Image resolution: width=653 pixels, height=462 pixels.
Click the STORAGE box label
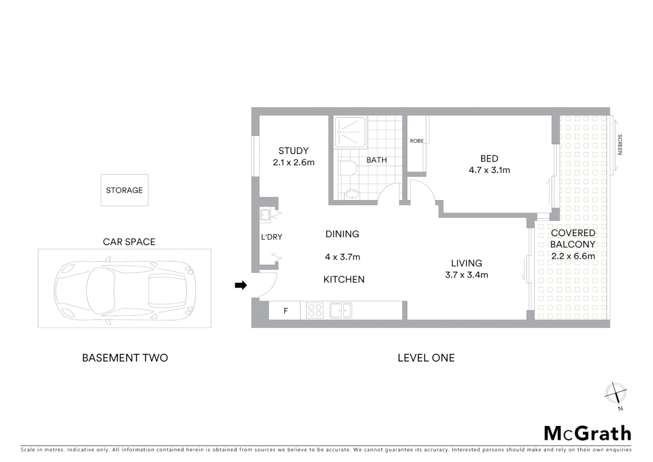click(x=124, y=190)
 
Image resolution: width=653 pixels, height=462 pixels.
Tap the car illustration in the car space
click(x=125, y=288)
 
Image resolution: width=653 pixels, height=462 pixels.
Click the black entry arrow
click(x=241, y=285)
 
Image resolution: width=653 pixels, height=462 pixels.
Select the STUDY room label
click(x=293, y=151)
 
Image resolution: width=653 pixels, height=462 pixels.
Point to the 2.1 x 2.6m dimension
click(x=293, y=163)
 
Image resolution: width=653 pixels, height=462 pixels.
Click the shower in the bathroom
click(x=350, y=132)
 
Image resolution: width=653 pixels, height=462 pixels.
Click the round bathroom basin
click(x=352, y=195)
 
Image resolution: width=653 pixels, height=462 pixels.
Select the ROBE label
click(x=417, y=141)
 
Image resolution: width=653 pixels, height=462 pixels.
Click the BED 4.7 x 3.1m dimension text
click(x=489, y=170)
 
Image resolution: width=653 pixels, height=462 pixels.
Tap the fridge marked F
click(x=285, y=311)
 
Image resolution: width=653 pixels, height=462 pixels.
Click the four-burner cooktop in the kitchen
click(x=315, y=311)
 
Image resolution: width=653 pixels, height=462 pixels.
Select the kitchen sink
click(x=341, y=311)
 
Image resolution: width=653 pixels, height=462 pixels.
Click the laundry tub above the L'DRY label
click(x=265, y=215)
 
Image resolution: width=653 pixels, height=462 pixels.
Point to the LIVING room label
click(x=467, y=264)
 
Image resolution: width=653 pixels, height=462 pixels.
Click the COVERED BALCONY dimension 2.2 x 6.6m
click(x=573, y=256)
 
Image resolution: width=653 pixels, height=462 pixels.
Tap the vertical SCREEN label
click(x=620, y=144)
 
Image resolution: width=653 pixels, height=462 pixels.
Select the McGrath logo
click(x=587, y=433)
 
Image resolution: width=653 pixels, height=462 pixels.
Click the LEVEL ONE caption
click(x=426, y=358)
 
